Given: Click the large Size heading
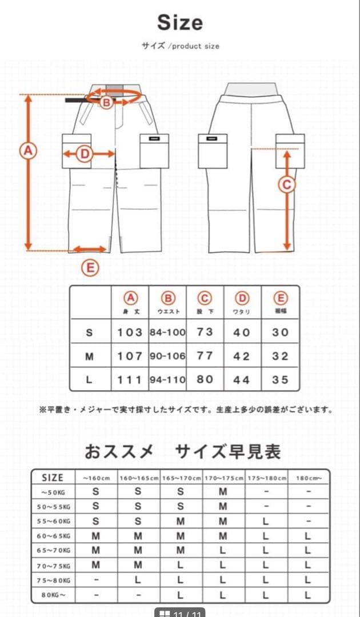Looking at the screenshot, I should click(180, 22).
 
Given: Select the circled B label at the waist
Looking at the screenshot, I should click(106, 102).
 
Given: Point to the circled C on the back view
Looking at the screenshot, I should click(287, 185).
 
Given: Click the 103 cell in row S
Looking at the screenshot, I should click(130, 332).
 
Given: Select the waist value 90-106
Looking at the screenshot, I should click(168, 356).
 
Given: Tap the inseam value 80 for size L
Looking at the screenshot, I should click(205, 379).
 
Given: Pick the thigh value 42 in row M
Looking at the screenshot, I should click(242, 356).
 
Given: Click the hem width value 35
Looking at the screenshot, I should click(280, 379).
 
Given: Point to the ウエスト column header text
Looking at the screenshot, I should click(168, 311).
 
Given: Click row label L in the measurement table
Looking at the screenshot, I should click(90, 379).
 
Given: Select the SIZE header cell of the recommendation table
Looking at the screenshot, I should click(53, 478).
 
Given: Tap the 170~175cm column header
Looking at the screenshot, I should click(225, 478).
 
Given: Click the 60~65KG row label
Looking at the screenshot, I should click(53, 536).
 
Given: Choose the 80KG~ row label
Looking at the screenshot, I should click(53, 595).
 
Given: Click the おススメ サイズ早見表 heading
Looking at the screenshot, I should click(183, 452).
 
